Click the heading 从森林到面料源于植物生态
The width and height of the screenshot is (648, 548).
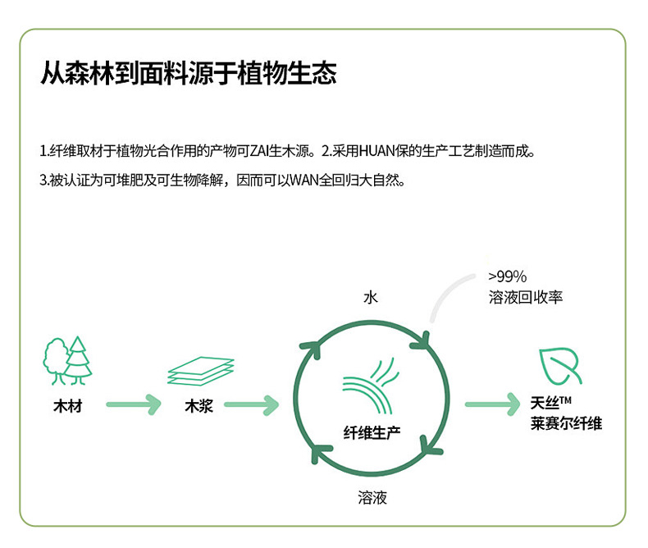click(x=189, y=74)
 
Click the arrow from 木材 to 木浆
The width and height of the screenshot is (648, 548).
click(x=132, y=404)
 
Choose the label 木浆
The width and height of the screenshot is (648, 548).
click(x=199, y=405)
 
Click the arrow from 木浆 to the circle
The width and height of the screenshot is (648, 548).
click(x=252, y=404)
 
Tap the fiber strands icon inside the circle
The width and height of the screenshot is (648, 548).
click(x=372, y=385)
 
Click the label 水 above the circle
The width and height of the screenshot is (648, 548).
click(x=371, y=297)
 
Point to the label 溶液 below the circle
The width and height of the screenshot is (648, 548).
click(x=372, y=497)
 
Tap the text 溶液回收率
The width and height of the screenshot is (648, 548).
click(x=525, y=297)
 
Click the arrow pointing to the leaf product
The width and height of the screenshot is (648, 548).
click(x=493, y=404)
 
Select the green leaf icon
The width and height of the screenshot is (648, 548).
click(x=561, y=365)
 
